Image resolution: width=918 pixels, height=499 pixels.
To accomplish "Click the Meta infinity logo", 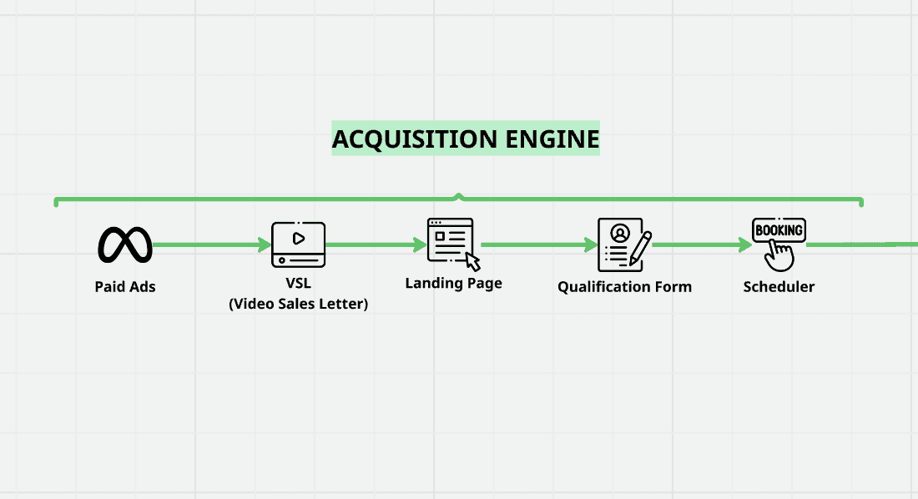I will point(125,244).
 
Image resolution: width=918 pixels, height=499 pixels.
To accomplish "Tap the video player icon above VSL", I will point(299,244).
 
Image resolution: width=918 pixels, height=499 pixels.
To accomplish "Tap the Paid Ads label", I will point(125,287).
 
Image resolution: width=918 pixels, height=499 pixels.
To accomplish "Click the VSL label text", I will point(298,284).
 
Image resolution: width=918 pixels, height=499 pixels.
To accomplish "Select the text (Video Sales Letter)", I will point(298,304).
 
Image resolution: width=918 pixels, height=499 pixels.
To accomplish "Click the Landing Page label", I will point(453,283).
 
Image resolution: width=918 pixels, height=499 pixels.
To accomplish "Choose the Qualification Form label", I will point(624,287).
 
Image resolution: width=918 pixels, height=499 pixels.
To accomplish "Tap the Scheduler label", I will point(779,287).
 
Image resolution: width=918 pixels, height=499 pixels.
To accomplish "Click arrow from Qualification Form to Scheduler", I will point(702,245).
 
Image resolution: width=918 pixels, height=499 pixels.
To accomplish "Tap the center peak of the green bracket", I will point(458,196).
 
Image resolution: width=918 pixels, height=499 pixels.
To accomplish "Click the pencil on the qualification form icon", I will point(641,248).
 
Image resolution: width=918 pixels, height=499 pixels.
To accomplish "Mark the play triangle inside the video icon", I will point(299,237).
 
